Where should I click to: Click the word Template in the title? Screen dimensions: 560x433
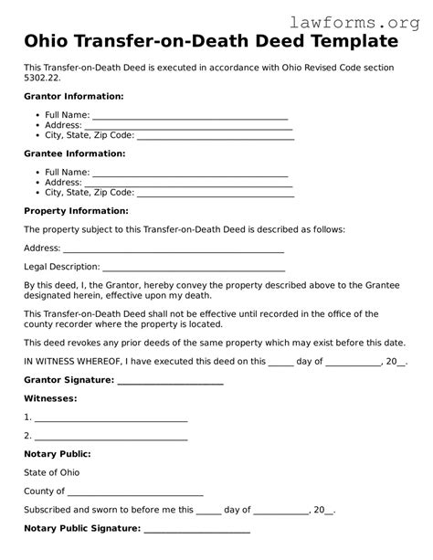point(353,42)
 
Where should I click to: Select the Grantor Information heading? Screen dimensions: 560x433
point(74,96)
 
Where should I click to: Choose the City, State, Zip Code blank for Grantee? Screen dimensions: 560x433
point(215,195)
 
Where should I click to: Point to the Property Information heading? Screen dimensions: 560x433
point(76,211)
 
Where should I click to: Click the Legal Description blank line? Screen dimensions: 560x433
point(194,269)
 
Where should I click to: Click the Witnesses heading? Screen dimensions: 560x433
point(50,399)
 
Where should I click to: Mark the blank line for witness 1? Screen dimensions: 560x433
point(111,418)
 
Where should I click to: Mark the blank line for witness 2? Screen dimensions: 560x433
point(111,437)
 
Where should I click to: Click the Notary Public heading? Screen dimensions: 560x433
point(58,454)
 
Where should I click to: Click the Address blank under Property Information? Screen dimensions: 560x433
point(173,249)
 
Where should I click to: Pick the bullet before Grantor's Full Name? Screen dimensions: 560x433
point(36,115)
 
